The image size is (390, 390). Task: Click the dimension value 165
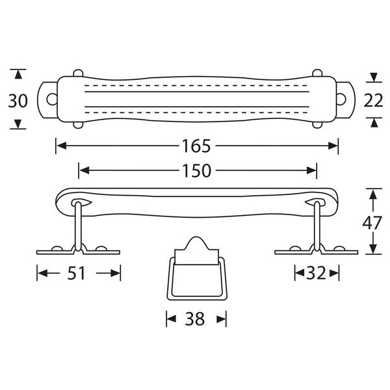(x=196, y=146)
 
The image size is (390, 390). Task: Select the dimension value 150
(x=197, y=170)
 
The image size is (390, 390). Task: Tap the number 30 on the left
(x=18, y=101)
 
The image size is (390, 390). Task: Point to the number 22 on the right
(x=373, y=101)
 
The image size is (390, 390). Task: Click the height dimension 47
(x=372, y=223)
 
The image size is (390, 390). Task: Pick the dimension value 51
(x=76, y=273)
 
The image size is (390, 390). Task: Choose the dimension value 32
(x=316, y=273)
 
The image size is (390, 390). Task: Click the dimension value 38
(x=195, y=319)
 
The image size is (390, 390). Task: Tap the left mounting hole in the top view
(x=52, y=99)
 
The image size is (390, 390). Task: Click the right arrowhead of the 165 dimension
(x=333, y=146)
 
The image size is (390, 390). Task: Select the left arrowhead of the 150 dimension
(x=84, y=170)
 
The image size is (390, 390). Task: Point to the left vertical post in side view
(x=78, y=226)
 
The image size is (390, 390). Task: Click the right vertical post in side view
(x=317, y=226)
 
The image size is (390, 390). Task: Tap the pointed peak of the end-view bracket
(x=196, y=237)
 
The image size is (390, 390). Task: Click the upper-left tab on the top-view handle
(x=78, y=73)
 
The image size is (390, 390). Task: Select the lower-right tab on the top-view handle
(x=317, y=125)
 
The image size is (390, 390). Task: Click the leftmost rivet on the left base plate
(x=57, y=248)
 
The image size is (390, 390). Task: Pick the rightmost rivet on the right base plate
(x=339, y=248)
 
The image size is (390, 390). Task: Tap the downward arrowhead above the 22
(x=374, y=77)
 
